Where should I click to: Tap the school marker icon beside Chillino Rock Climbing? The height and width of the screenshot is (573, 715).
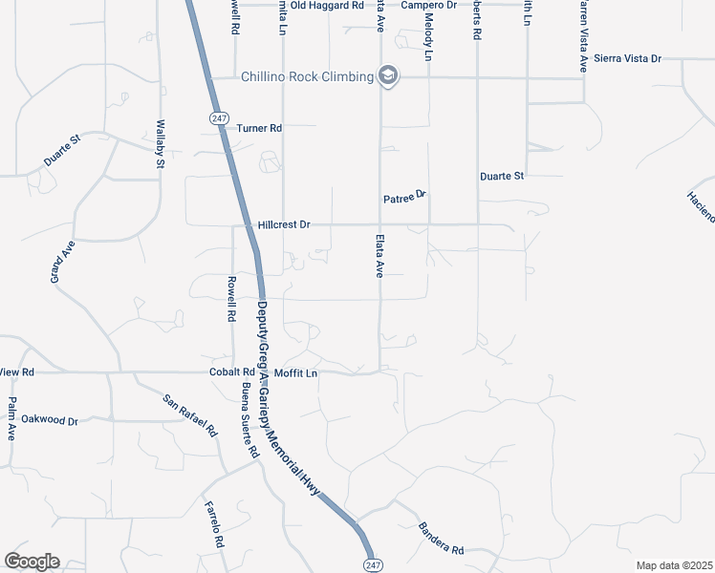[x=387, y=75]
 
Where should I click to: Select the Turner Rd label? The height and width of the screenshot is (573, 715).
[x=259, y=128]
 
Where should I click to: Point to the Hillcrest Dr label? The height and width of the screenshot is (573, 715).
[x=284, y=225]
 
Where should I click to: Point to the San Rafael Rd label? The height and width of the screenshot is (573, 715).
[x=189, y=415]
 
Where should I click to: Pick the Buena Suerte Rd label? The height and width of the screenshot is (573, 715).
[x=249, y=419]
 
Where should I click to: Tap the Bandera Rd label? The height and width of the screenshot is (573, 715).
[x=441, y=539]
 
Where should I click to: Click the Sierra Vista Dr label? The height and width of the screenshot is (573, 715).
[x=627, y=58]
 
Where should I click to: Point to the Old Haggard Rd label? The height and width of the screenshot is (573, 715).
[x=327, y=5]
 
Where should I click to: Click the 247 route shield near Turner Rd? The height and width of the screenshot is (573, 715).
[x=218, y=117]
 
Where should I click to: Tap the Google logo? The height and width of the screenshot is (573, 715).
[x=31, y=562]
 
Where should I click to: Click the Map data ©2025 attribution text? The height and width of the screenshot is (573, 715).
[x=673, y=565]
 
